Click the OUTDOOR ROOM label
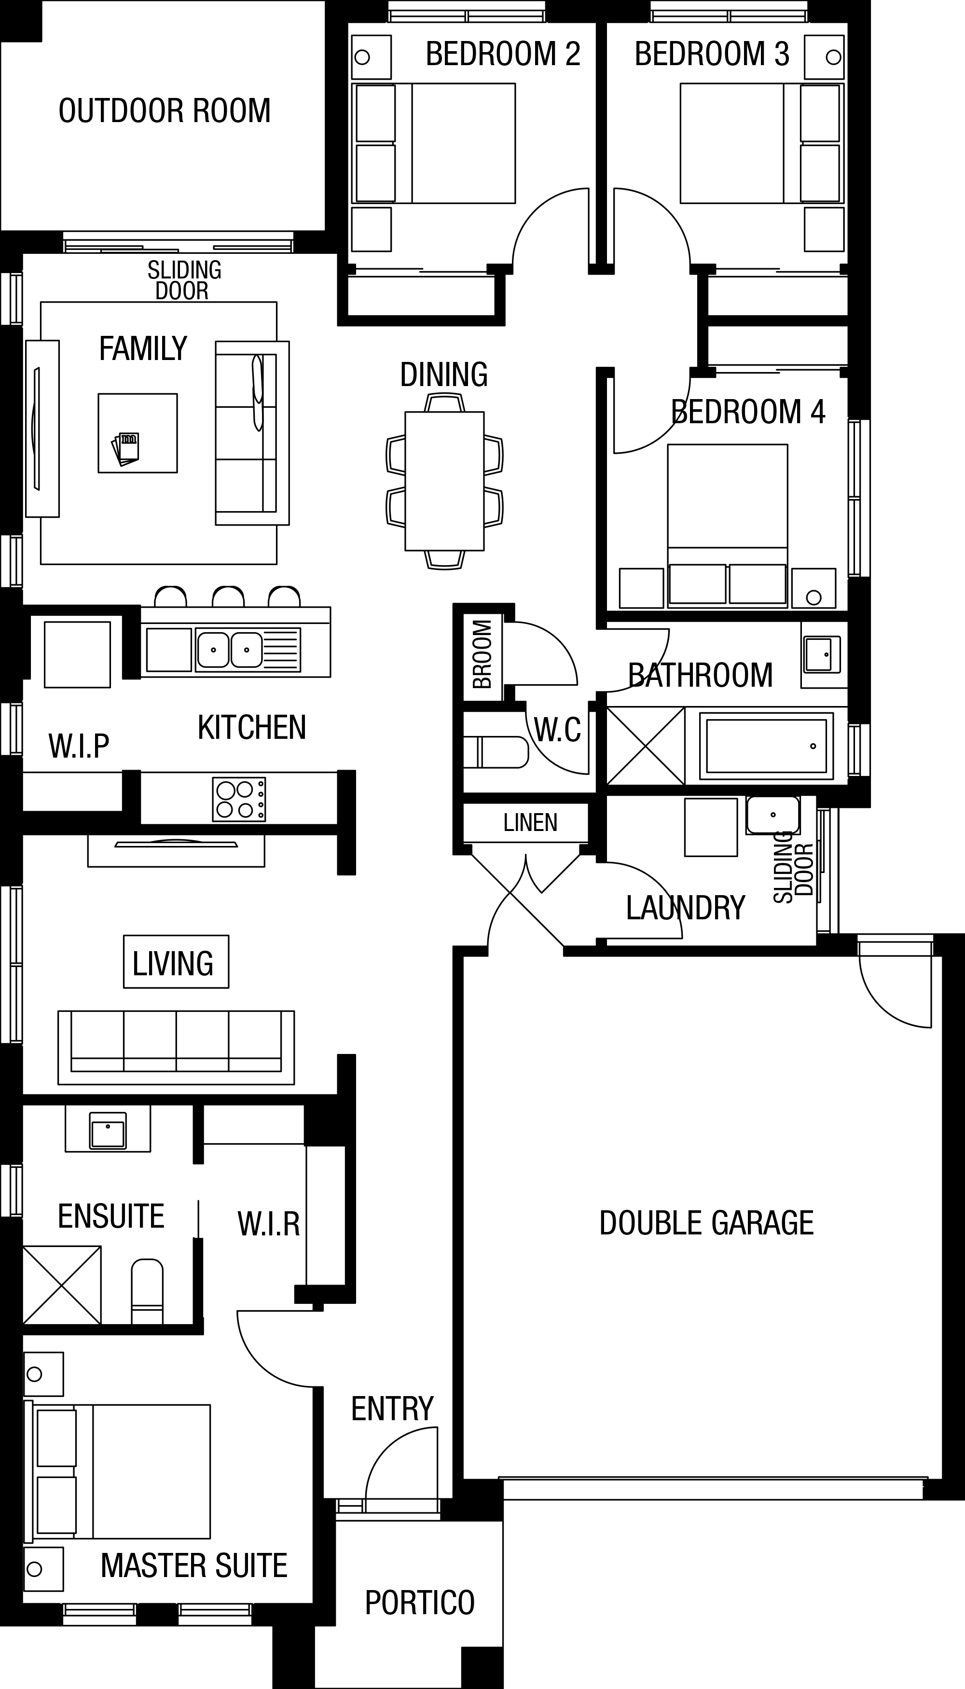[165, 111]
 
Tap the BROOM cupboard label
[482, 654]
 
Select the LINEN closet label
[530, 823]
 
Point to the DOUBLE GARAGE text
[706, 1223]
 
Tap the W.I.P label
[79, 746]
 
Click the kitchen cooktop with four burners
[239, 800]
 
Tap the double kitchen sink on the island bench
[229, 651]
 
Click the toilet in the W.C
[496, 752]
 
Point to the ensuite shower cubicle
[62, 1285]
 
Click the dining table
[444, 481]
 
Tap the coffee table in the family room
[138, 433]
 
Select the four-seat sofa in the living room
[176, 1047]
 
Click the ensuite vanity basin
[108, 1130]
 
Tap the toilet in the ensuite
[147, 1291]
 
